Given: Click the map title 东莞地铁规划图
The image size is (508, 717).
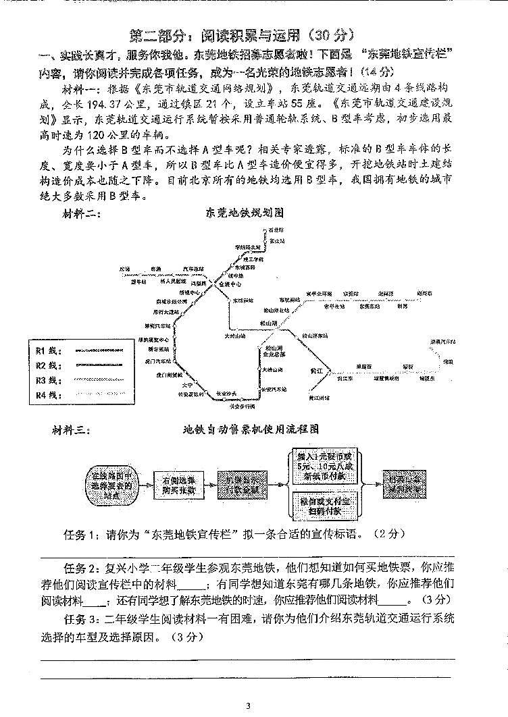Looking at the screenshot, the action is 244,212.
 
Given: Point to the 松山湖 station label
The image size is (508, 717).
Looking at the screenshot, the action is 268,324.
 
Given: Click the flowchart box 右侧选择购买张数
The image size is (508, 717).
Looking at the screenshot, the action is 178,484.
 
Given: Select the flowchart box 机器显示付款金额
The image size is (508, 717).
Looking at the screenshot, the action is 246,484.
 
